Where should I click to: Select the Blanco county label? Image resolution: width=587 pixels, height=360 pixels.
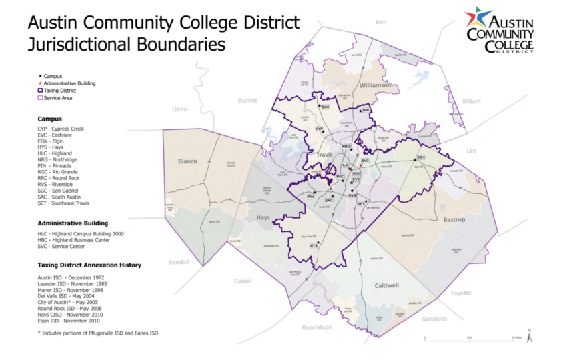pyautogui.click(x=188, y=161)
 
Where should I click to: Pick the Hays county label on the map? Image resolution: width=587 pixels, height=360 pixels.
pyautogui.click(x=262, y=218)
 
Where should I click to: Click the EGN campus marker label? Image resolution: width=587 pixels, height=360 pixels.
pyautogui.click(x=420, y=157)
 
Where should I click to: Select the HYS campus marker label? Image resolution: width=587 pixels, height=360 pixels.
pyautogui.click(x=313, y=245)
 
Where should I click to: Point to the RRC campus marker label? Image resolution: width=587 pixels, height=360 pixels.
pyautogui.click(x=366, y=109)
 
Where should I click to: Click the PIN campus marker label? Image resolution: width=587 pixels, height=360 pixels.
pyautogui.click(x=310, y=197)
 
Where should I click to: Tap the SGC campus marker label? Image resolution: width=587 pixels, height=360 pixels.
pyautogui.click(x=325, y=107)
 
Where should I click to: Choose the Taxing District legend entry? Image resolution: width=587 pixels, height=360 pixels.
pyautogui.click(x=56, y=90)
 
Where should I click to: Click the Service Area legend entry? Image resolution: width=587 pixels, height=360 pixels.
pyautogui.click(x=55, y=97)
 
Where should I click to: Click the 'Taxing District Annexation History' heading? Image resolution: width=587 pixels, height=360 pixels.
pyautogui.click(x=89, y=265)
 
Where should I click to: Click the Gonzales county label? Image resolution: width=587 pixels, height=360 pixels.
pyautogui.click(x=435, y=319)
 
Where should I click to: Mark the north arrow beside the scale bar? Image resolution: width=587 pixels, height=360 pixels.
pyautogui.click(x=528, y=336)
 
